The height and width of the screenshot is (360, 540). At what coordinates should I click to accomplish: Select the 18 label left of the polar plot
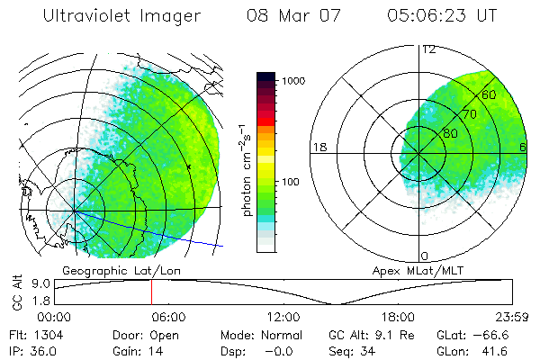319,148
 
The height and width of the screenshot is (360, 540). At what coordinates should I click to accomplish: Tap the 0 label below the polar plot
425,256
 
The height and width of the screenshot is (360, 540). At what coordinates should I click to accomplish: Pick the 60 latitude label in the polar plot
490,94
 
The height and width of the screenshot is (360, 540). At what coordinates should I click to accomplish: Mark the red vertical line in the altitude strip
151,292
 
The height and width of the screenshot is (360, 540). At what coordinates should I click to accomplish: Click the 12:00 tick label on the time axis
283,316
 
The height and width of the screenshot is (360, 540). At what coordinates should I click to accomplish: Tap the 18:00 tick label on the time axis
398,316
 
